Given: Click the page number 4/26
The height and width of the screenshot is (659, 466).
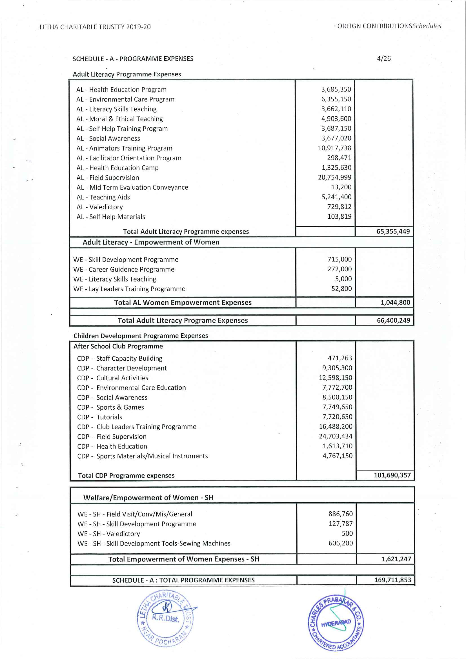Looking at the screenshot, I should tap(384, 59).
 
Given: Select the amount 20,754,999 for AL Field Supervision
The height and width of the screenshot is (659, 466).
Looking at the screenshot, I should tap(334, 177).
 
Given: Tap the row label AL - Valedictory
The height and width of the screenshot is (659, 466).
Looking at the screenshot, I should tap(99, 207).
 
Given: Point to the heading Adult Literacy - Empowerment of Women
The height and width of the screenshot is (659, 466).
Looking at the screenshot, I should tap(151, 242).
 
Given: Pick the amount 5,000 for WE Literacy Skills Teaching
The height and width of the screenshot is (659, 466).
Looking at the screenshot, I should tap(343, 279).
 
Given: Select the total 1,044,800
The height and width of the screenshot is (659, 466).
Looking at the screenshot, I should tap(395, 303).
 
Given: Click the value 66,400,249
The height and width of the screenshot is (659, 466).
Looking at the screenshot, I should tap(393, 321).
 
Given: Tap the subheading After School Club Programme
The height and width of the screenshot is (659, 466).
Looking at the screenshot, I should tap(118, 347).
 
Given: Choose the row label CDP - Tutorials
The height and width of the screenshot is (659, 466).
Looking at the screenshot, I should tap(99, 417).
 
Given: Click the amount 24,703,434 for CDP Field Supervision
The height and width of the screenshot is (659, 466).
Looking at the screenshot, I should tap(336, 436).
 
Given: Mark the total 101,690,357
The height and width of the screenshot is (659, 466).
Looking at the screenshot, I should tap(392, 475).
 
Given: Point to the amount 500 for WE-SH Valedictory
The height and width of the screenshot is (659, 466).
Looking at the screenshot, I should tap(347, 534).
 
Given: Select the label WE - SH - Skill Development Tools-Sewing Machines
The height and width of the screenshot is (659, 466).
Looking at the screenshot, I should tap(154, 543).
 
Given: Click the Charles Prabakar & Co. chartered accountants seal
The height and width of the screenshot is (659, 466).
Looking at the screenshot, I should tap(336, 623).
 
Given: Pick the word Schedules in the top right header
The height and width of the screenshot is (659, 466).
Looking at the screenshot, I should tap(427, 26).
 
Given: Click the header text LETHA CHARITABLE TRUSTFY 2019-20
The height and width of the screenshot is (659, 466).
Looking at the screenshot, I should tap(95, 27).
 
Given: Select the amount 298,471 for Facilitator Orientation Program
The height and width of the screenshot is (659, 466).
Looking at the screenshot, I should tap(339, 158).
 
